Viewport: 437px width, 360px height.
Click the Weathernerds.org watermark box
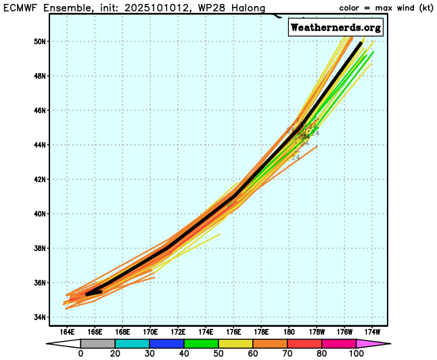tap(336, 28)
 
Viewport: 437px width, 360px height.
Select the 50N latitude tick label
tap(40, 41)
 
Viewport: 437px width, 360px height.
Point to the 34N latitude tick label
tap(40, 317)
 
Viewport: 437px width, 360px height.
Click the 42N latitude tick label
tap(40, 179)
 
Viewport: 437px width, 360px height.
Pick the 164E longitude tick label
tap(67, 332)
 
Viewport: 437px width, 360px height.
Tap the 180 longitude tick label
tap(290, 332)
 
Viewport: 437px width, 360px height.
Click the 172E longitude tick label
tap(178, 332)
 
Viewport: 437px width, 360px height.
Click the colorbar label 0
tap(81, 354)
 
